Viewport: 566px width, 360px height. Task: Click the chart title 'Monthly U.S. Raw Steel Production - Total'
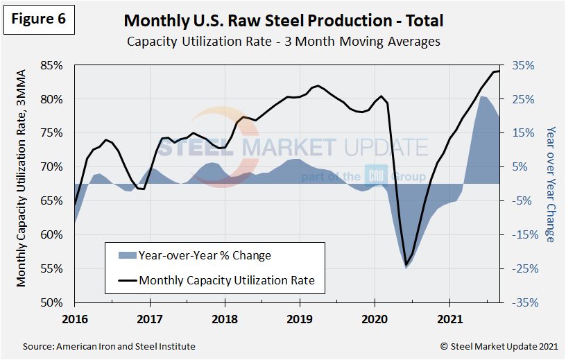point(283,21)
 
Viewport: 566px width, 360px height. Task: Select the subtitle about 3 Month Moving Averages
point(283,42)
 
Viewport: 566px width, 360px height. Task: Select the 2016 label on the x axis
point(74,320)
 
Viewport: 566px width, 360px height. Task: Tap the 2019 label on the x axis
point(300,320)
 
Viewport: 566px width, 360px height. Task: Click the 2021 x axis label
point(449,320)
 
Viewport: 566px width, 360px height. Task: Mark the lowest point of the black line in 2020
point(406,264)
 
